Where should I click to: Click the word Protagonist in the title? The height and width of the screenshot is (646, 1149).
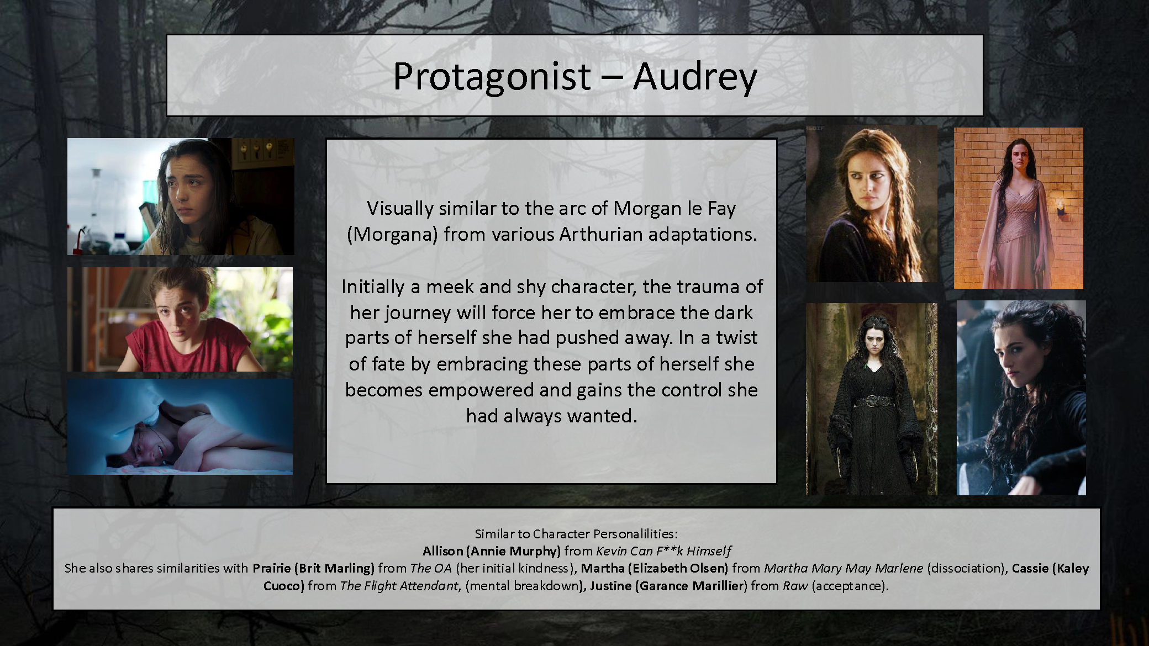coord(492,76)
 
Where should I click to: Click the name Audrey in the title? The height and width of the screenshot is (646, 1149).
coord(695,76)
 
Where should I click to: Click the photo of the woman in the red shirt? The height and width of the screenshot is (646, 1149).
coord(180,319)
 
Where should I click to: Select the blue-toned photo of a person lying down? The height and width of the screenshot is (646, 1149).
coord(180,426)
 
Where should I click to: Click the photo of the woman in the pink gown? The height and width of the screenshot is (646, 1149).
coord(1018,208)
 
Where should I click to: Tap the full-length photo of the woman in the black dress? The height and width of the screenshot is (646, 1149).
coord(871,399)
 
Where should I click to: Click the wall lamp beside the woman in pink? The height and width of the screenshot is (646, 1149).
coord(1061,208)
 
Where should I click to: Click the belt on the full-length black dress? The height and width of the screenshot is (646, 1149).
coord(871,400)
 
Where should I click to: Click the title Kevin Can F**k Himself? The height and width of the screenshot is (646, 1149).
coord(663,551)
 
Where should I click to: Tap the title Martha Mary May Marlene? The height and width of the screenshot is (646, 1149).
coord(843,568)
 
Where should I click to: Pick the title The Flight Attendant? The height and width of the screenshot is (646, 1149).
coord(399,586)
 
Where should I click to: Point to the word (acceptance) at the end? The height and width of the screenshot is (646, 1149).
coord(850,586)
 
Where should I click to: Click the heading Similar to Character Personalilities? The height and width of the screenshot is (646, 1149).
coord(576,534)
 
